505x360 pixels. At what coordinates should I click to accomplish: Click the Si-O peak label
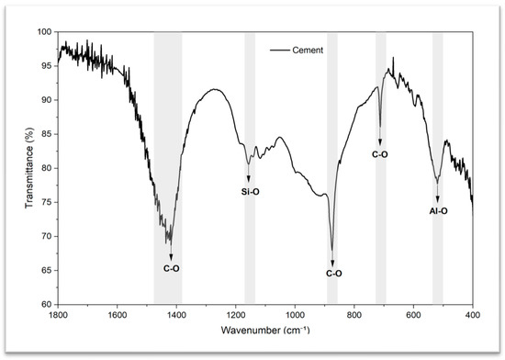[x=251, y=192]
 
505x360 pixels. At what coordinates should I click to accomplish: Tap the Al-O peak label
[x=438, y=211]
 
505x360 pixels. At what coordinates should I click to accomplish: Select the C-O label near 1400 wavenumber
[x=171, y=268]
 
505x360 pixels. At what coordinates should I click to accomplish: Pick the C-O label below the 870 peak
[x=333, y=274]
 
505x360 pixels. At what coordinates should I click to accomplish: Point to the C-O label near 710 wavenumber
[x=380, y=154]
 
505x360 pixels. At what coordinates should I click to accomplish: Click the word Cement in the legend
[x=308, y=51]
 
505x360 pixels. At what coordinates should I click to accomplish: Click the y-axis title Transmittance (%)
[x=29, y=168]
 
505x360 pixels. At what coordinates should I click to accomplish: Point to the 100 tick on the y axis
[x=45, y=31]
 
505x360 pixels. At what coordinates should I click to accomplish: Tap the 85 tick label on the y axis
[x=47, y=134]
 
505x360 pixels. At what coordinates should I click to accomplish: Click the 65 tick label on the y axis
[x=47, y=270]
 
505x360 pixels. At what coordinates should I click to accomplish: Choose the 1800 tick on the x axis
[x=58, y=315]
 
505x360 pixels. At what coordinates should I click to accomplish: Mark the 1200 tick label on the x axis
[x=236, y=315]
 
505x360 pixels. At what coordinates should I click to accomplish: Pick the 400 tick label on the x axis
[x=473, y=315]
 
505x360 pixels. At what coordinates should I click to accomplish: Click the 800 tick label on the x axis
[x=354, y=315]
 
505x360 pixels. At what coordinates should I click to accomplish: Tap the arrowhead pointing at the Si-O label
[x=248, y=179]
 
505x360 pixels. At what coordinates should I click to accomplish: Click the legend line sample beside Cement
[x=280, y=51]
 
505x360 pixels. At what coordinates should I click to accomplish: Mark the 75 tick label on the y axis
[x=47, y=202]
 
